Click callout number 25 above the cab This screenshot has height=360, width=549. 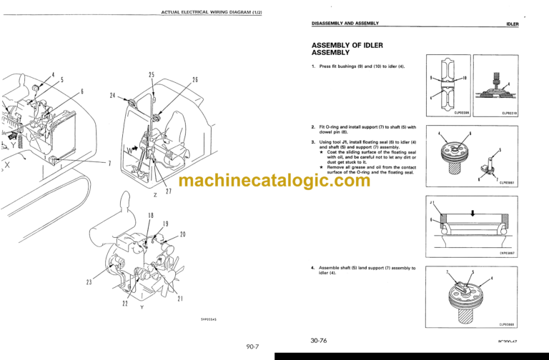point(152,75)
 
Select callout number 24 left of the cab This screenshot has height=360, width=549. point(114,96)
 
